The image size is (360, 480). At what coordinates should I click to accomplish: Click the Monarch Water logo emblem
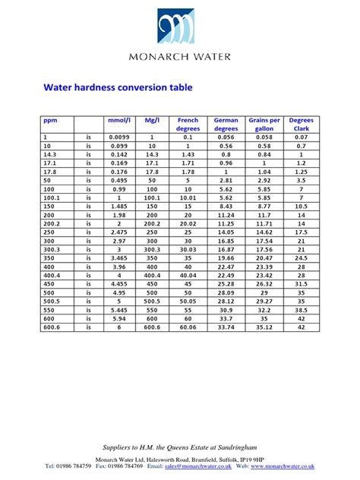pos(179,27)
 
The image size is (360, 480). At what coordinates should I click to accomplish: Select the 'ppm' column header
pos(50,120)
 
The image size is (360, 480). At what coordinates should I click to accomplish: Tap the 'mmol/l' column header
pos(119,120)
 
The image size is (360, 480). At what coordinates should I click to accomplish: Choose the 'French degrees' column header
pos(188,124)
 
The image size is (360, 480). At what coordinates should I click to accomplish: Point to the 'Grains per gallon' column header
pos(264,124)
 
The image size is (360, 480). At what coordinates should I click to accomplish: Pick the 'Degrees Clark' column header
pos(302,124)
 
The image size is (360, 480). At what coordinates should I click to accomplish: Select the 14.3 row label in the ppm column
pos(50,153)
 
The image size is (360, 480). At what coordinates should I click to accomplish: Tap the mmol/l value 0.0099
pos(119,137)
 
